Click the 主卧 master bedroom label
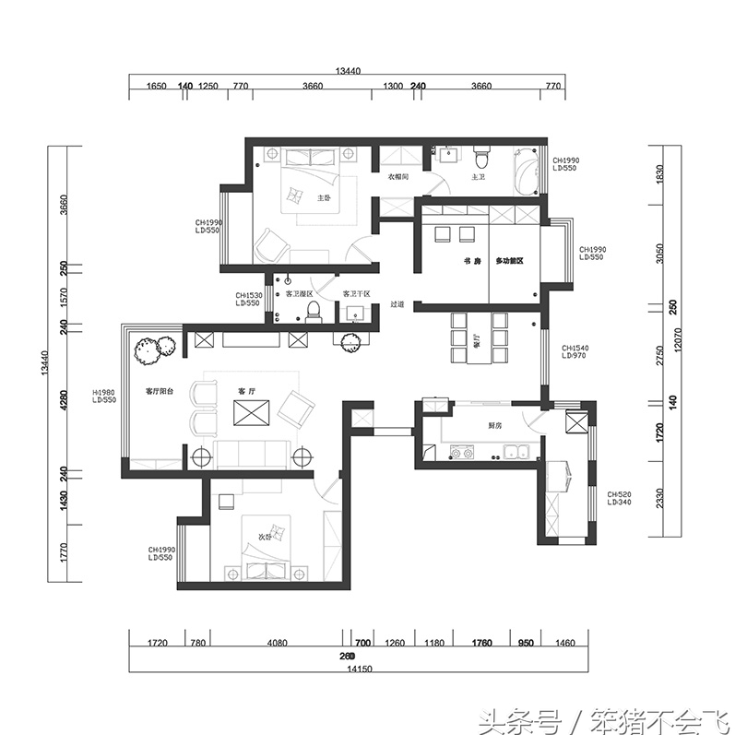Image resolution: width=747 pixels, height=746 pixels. pos(324,198)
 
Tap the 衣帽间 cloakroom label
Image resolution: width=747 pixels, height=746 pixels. pos(397,176)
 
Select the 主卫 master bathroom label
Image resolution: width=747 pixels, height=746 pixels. pos(478,176)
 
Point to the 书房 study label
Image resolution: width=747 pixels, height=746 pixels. pos(472,262)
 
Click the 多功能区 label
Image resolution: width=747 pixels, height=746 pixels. pos(510,262)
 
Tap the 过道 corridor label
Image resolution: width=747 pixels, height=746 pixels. pos(397,303)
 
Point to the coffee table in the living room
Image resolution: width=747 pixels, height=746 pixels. pos(251,412)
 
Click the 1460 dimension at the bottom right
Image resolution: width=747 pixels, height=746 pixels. pos(565,643)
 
